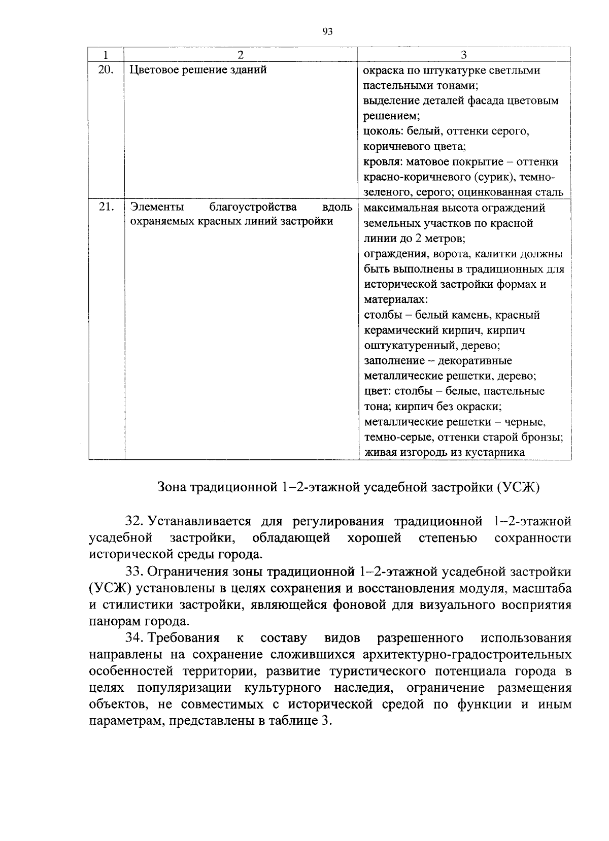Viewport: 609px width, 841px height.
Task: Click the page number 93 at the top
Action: coord(327,31)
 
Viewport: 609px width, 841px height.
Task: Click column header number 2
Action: coord(241,54)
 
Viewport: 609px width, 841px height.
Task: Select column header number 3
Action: coord(463,54)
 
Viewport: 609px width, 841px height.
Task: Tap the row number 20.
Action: coord(105,70)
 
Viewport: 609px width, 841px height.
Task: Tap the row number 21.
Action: coord(105,207)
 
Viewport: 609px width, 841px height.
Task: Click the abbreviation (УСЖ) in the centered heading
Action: coord(519,487)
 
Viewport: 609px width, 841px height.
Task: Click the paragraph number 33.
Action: coord(133,572)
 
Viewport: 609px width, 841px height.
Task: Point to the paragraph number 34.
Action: coord(133,638)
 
